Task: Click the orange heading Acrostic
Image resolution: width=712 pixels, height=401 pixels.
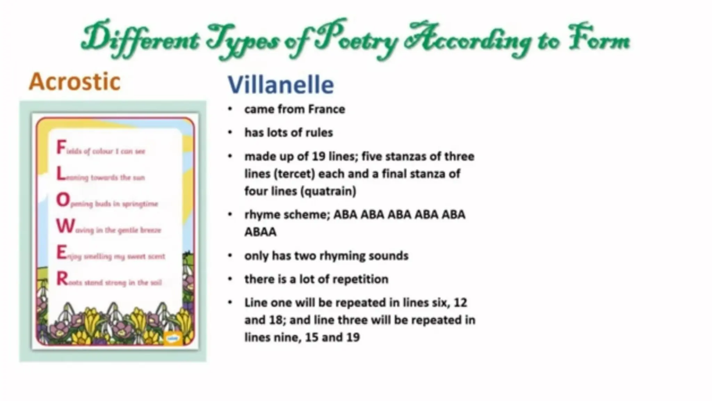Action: point(74,82)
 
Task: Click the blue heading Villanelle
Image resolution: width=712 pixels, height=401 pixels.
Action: point(281,85)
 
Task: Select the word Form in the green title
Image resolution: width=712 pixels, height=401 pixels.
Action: point(599,40)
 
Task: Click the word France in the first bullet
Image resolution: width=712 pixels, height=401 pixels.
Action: point(326,109)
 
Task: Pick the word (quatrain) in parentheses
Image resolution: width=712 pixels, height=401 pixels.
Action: point(330,191)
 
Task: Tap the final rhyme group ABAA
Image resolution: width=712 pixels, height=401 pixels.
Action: point(260,232)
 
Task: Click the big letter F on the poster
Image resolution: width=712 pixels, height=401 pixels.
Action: point(61,147)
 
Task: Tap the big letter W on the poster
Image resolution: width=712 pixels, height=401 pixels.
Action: point(65,227)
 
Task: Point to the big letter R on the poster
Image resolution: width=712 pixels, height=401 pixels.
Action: point(62,279)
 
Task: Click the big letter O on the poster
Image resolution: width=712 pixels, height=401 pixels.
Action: point(63,200)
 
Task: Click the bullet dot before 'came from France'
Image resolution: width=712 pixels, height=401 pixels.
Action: point(230,109)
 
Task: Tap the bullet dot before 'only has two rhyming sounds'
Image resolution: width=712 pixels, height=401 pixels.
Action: point(230,256)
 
